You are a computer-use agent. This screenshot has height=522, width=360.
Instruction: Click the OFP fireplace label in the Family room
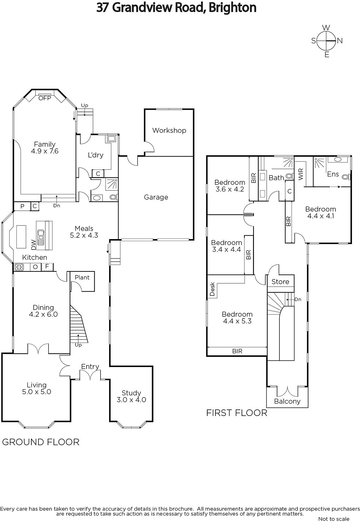(44, 98)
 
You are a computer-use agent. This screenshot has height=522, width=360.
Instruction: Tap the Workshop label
(169, 130)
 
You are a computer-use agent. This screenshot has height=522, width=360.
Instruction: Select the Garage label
(156, 197)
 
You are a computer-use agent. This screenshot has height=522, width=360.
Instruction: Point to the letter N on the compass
(340, 41)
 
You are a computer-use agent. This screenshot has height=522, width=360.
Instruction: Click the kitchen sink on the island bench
(41, 237)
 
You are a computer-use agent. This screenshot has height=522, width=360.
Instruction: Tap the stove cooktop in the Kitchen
(19, 267)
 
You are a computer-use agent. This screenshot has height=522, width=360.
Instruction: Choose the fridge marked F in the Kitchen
(47, 267)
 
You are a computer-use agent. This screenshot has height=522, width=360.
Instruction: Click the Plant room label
(82, 277)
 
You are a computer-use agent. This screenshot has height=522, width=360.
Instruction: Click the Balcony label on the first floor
(287, 401)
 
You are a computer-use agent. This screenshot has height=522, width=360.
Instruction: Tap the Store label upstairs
(280, 282)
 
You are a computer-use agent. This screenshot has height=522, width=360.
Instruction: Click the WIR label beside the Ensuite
(301, 174)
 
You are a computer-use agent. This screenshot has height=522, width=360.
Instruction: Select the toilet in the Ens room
(346, 177)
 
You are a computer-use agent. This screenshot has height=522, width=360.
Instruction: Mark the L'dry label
(96, 155)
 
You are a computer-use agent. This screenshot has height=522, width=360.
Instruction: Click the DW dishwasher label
(34, 245)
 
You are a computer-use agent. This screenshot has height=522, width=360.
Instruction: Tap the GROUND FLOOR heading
(41, 442)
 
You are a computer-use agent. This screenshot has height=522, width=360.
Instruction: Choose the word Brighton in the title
(232, 8)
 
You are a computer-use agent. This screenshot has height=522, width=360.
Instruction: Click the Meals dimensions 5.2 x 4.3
(84, 235)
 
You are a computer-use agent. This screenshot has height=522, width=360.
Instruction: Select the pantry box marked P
(23, 206)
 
